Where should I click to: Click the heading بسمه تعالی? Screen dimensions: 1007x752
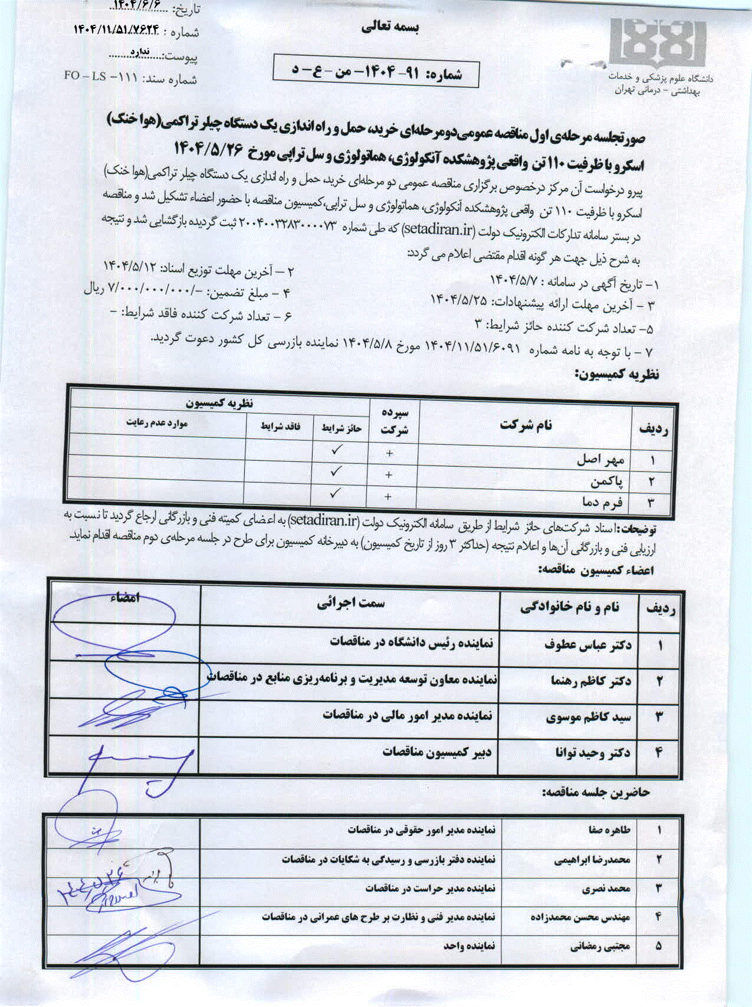[389, 27]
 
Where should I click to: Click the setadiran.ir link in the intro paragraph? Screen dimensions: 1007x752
[441, 229]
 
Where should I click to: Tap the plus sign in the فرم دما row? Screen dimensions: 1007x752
[388, 497]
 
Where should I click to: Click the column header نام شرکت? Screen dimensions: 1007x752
[526, 425]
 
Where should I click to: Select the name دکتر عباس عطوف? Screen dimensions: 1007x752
[587, 645]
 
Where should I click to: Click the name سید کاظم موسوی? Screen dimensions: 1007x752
[589, 717]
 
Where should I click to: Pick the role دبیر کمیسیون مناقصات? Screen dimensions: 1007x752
[436, 752]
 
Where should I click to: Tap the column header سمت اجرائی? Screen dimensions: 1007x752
[351, 603]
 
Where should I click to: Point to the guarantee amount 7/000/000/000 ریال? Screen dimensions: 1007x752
[147, 291]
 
